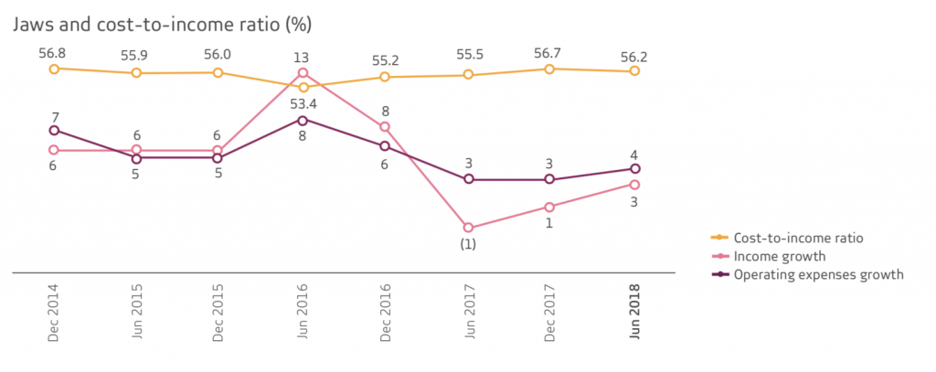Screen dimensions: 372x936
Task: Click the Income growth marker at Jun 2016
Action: pos(303,73)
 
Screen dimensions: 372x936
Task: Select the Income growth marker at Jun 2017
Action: pos(468,228)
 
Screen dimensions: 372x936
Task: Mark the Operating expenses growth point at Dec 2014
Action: pos(54,131)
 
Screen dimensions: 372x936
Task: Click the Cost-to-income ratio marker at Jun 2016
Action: pos(303,87)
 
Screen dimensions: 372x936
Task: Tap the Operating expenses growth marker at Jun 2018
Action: pos(633,169)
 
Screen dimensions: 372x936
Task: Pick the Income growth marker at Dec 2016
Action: pos(385,127)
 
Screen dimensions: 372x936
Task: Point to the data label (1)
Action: pos(468,245)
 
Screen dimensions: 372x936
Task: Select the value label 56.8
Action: pos(54,53)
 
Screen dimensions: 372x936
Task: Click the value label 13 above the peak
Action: pos(303,57)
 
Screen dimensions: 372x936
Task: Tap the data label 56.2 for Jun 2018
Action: pos(633,55)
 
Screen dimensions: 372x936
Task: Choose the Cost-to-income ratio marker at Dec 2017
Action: pos(550,69)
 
